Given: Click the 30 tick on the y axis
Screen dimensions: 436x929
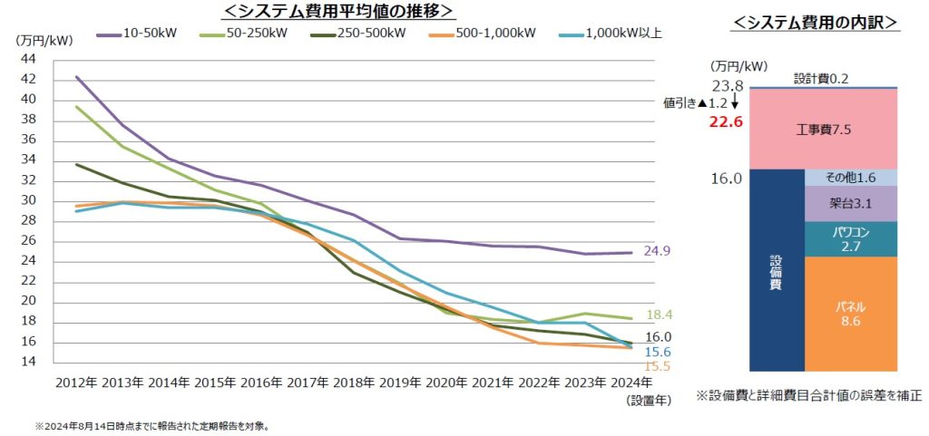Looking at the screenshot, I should tap(27, 200).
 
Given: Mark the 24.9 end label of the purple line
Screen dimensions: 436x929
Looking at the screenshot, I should tap(657, 251).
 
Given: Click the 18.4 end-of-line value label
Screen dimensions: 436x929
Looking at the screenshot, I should tap(659, 315).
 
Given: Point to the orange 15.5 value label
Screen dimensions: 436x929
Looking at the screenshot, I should tap(659, 365).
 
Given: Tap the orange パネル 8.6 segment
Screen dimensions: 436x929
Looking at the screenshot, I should tap(850, 313).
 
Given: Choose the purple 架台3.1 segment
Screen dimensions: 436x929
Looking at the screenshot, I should tap(850, 204).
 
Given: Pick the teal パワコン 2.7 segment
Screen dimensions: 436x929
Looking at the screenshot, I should tap(850, 239).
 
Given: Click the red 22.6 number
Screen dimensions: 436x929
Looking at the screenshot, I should tap(726, 121).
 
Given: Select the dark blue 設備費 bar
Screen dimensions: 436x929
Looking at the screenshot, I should tap(777, 270).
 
